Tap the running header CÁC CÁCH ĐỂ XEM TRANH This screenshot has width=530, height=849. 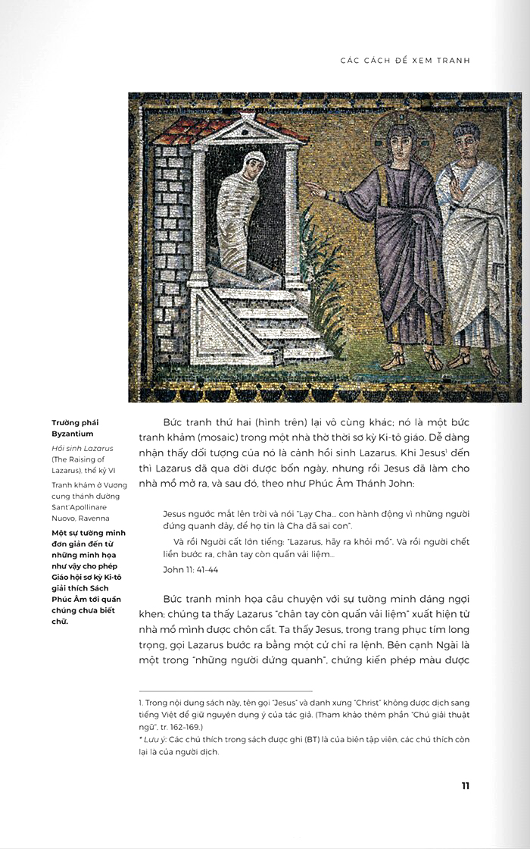click(410, 60)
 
